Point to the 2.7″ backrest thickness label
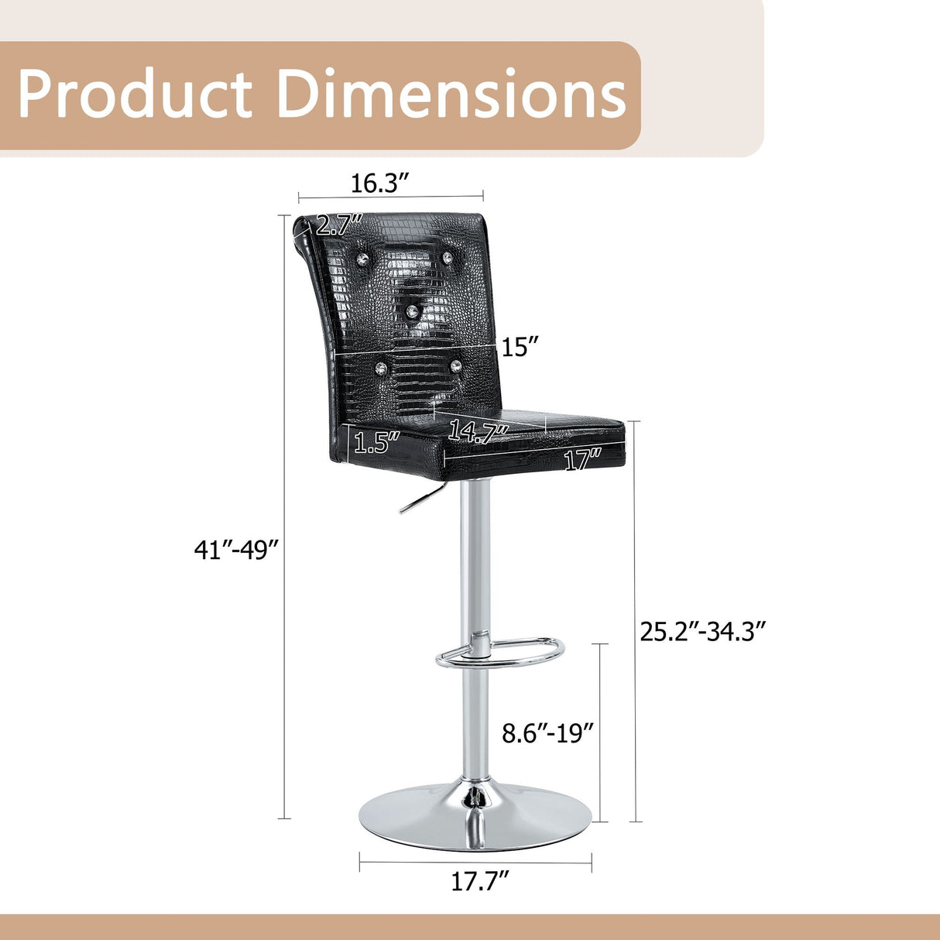(x=339, y=225)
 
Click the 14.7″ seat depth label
(x=478, y=431)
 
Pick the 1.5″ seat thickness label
(x=377, y=442)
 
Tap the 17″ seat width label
(x=582, y=461)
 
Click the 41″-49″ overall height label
(x=237, y=551)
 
